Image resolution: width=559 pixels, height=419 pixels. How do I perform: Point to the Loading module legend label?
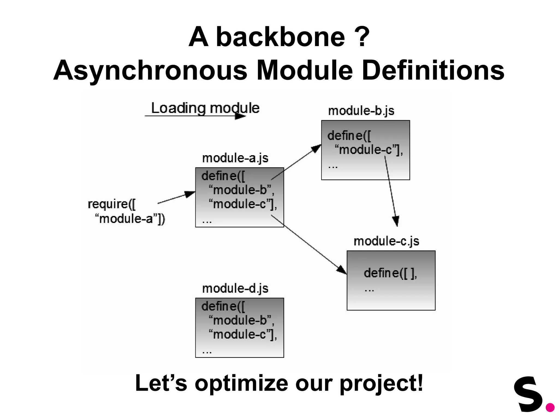[205, 108]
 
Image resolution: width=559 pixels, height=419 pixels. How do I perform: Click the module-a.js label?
[235, 158]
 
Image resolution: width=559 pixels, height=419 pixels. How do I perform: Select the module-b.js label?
[361, 111]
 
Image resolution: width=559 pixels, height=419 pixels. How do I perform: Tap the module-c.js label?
[386, 241]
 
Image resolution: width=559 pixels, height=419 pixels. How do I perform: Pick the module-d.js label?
[235, 288]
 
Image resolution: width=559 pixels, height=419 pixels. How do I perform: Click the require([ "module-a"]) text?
[126, 211]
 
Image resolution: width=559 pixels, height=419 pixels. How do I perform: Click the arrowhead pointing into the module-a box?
[190, 194]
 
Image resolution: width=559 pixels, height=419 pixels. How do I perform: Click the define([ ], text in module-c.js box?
[390, 273]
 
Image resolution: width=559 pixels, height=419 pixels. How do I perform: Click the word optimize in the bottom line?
[241, 384]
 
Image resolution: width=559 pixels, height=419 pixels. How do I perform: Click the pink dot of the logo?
[550, 408]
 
